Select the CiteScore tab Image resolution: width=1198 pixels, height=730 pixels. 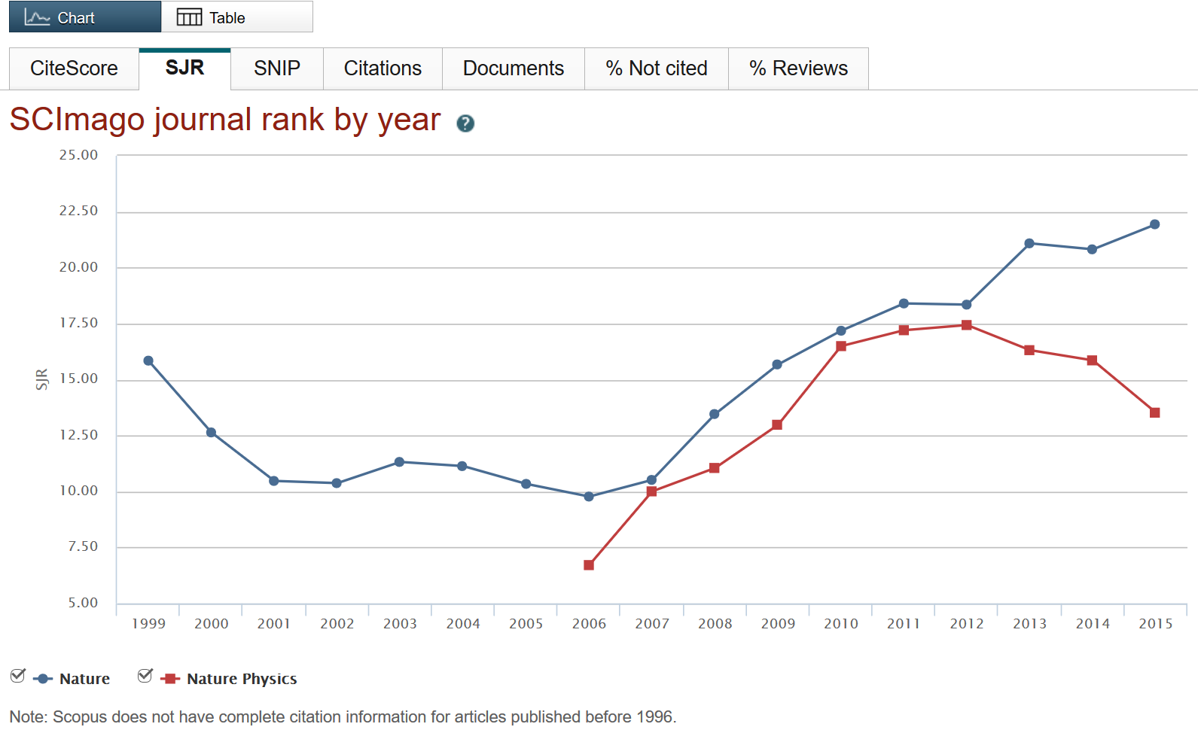tap(74, 68)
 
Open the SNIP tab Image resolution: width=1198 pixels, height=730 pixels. tap(276, 68)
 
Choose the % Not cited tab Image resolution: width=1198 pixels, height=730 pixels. tap(656, 68)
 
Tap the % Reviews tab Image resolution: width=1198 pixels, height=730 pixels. tap(797, 68)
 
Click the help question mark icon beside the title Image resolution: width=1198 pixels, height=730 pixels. tap(465, 123)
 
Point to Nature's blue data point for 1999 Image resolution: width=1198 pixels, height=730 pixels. tap(148, 360)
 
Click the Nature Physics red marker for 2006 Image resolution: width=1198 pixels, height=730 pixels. tap(589, 565)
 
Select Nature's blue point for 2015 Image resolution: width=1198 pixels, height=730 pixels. tap(1154, 224)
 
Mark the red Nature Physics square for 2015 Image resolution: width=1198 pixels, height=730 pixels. tap(1154, 412)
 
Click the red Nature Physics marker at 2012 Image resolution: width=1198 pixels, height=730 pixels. tap(966, 325)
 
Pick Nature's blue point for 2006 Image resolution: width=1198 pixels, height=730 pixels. tap(589, 497)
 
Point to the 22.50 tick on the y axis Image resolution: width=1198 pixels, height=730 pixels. tap(78, 211)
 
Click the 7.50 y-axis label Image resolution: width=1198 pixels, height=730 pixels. tap(82, 546)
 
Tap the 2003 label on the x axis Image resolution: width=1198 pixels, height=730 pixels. tap(400, 624)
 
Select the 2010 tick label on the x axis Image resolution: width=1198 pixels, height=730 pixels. tap(840, 624)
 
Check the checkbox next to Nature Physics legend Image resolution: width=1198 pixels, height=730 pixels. tap(145, 676)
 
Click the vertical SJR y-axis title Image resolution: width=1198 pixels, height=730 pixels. tap(42, 379)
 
